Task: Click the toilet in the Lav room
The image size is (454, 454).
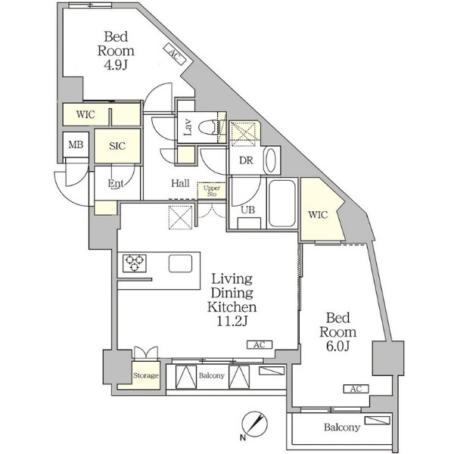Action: [208, 127]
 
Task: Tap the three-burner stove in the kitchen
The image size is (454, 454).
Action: [135, 263]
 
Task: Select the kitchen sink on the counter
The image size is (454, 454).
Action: [180, 263]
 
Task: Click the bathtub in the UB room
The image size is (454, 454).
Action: [282, 204]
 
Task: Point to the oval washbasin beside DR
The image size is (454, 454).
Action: [271, 160]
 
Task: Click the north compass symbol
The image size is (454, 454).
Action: [254, 424]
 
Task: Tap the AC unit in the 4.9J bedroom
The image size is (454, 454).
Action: [175, 54]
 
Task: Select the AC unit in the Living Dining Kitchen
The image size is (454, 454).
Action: [260, 344]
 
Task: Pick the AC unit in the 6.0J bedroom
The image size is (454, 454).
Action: [356, 389]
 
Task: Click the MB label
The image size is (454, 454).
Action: [76, 145]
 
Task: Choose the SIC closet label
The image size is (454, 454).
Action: [117, 146]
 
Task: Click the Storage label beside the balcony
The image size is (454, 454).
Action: [145, 375]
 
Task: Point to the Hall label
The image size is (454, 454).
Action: [180, 183]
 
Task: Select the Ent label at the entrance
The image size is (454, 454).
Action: [116, 183]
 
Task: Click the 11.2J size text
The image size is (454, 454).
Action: [232, 321]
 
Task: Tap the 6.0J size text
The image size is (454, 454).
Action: [338, 346]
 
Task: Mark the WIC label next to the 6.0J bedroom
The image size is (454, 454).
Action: [318, 215]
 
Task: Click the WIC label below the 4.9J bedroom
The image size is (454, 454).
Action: [86, 115]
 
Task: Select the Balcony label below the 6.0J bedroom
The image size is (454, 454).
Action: [342, 428]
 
